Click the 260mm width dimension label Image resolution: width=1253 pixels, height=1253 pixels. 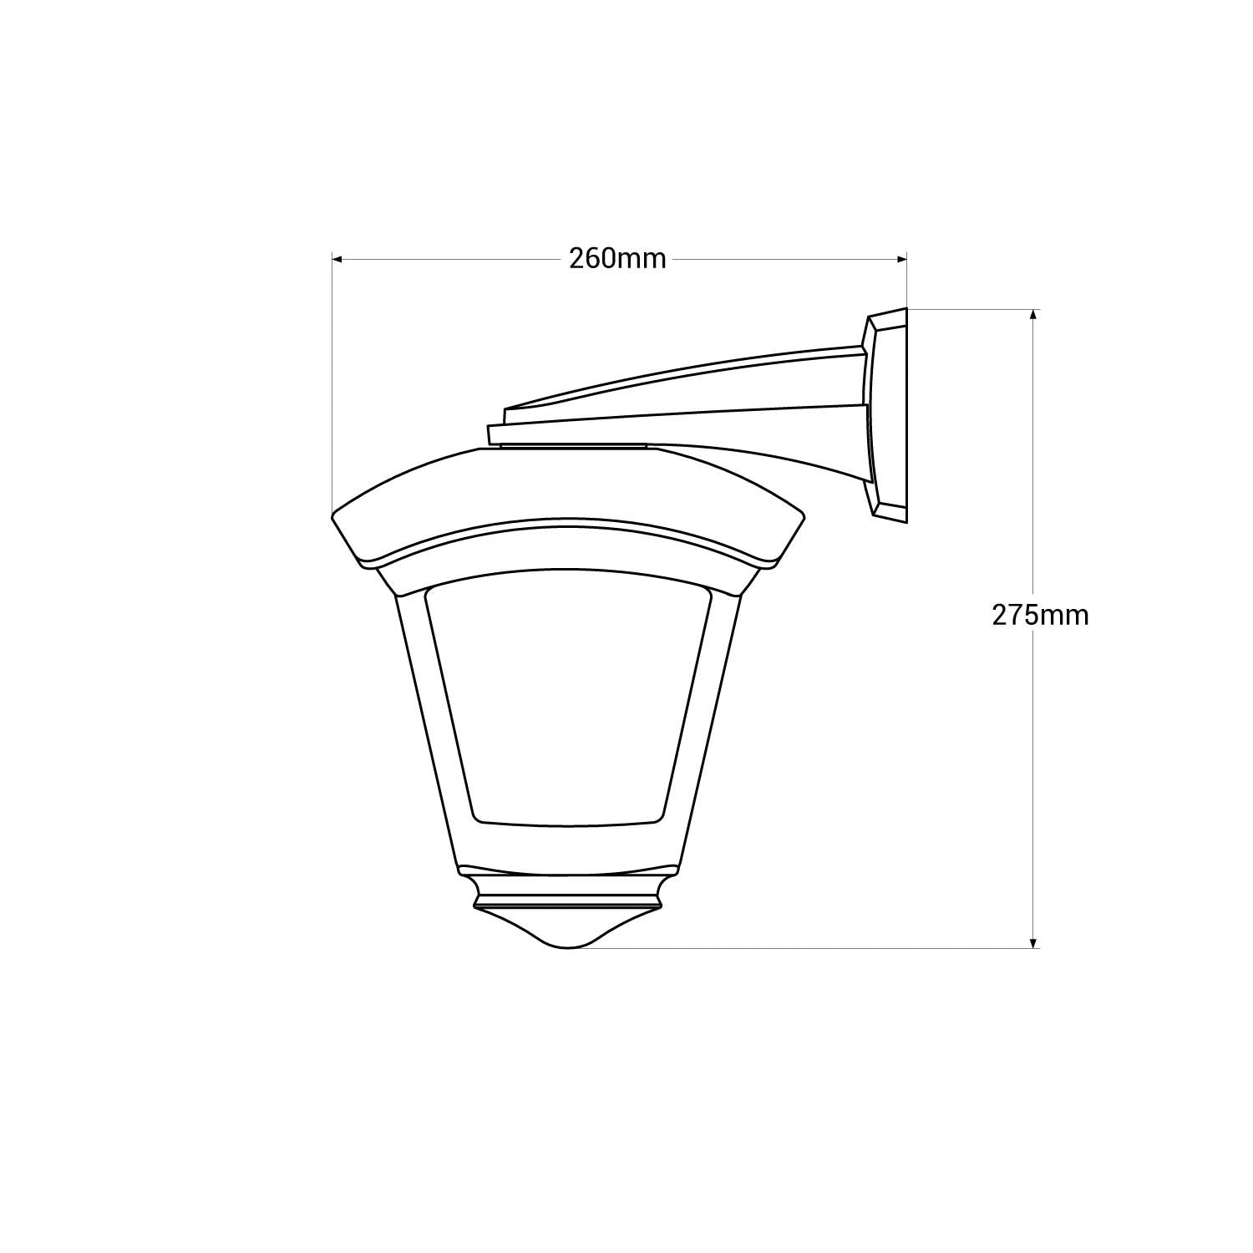[618, 259]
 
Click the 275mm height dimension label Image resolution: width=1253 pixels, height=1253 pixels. [1040, 616]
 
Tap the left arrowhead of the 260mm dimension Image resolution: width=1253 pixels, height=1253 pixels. [337, 260]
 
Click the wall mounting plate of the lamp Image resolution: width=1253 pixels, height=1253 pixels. [889, 414]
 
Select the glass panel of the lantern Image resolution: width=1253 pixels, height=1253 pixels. [568, 702]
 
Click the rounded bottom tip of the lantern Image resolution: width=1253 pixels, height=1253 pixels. [568, 942]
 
